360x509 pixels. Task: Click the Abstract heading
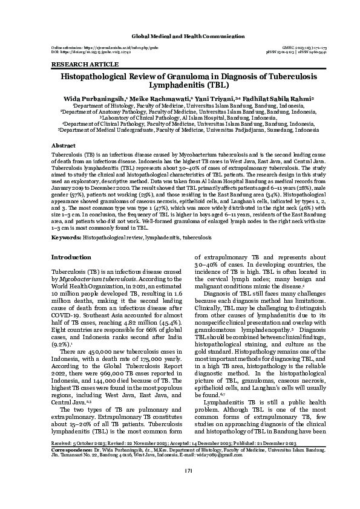[64, 146]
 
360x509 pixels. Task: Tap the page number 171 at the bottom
[180, 487]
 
